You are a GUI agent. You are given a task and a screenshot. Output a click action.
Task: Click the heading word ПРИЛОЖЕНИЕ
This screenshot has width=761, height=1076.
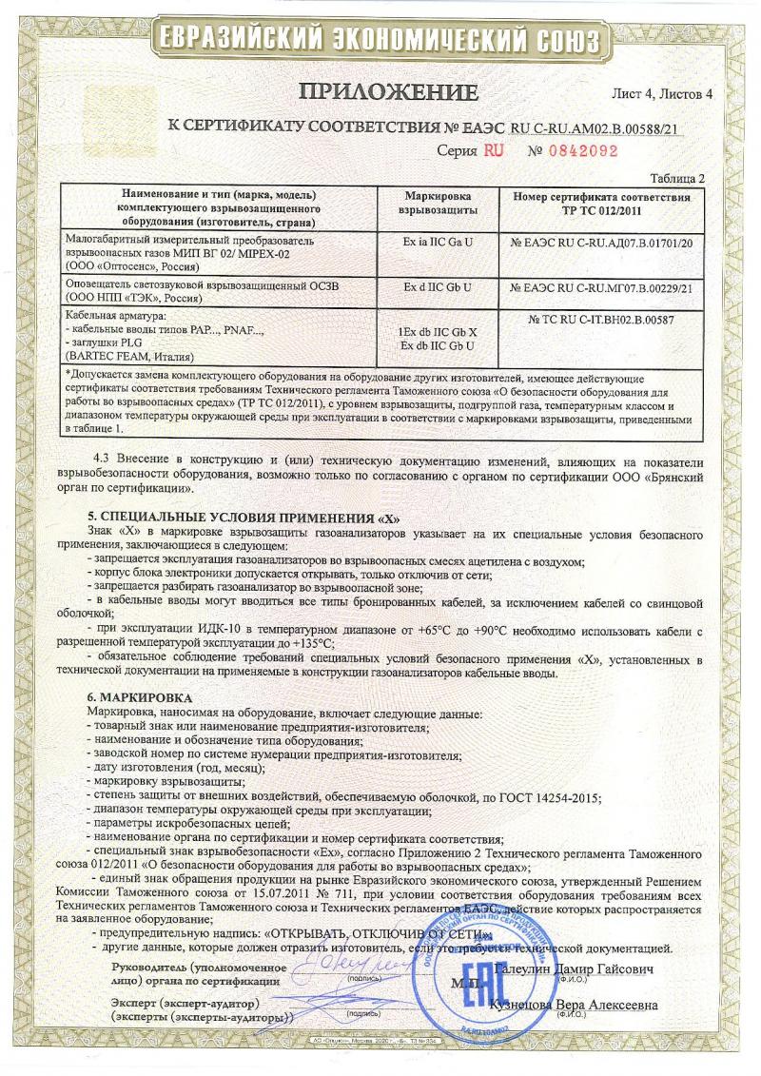388,93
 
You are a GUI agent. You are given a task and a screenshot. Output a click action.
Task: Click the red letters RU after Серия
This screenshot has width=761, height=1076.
493,150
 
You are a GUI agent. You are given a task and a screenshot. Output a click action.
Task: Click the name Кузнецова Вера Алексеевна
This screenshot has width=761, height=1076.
573,1006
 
